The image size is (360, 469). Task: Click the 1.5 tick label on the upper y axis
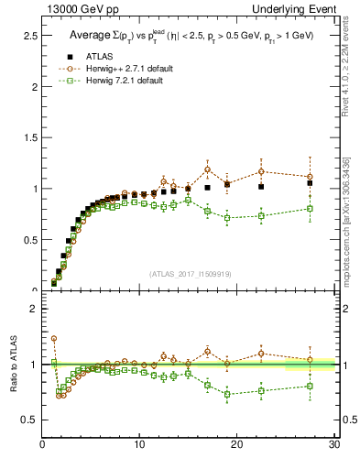tap(29, 137)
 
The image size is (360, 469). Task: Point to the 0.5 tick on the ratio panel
tap(29, 420)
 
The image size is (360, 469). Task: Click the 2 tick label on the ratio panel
tap(33, 309)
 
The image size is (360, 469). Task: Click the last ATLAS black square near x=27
tap(310, 183)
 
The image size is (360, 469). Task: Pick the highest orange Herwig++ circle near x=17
tap(208, 169)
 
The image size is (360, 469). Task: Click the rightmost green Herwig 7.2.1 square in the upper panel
tap(310, 208)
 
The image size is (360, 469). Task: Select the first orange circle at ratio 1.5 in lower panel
tap(54, 338)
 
